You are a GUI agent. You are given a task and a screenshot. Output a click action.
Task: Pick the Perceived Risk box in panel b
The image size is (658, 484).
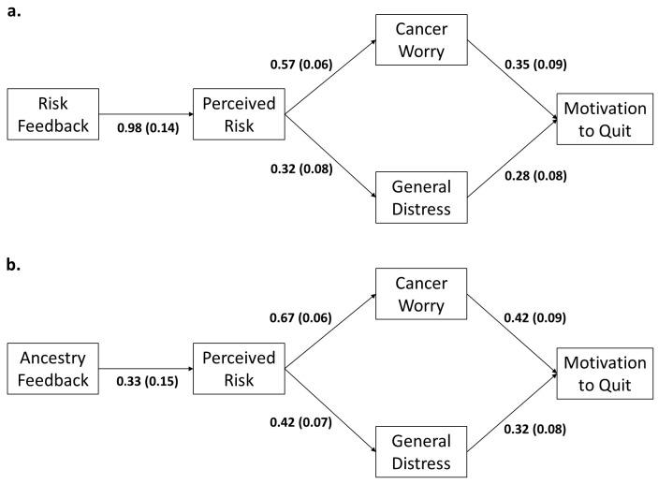238,369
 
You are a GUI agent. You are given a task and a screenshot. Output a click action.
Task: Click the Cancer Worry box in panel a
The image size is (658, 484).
420,39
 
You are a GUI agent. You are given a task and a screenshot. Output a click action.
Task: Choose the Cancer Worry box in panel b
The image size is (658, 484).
420,296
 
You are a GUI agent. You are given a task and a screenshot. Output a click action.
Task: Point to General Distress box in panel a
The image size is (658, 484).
420,197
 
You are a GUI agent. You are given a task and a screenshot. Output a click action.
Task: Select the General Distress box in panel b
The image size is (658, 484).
420,451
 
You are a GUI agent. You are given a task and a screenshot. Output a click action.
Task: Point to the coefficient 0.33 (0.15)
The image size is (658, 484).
147,382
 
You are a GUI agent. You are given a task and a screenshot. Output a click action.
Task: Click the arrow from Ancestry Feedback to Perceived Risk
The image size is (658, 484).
147,369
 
